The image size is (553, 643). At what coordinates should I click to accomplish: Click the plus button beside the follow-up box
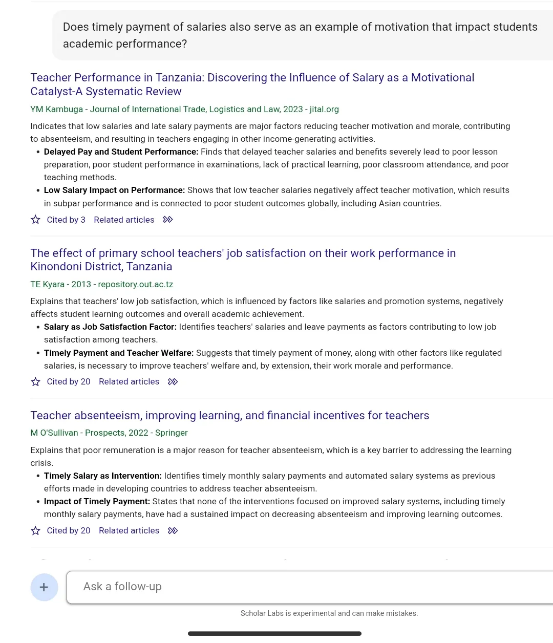44,587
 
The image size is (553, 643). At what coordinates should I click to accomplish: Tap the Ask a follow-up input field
307,587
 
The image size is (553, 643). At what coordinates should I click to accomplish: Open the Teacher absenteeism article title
229,415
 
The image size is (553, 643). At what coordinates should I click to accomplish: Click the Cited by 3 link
66,220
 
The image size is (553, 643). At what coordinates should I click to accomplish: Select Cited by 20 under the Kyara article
69,381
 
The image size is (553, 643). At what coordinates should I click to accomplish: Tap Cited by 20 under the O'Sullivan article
69,530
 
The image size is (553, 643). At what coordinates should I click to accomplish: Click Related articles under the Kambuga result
124,220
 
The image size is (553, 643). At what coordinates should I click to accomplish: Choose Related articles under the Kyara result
129,381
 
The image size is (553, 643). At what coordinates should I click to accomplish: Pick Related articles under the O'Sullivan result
129,530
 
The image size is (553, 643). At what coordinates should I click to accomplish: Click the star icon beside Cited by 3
35,220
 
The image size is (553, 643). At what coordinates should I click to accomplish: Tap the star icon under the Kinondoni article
35,381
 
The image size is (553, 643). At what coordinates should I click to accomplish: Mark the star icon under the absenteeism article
35,530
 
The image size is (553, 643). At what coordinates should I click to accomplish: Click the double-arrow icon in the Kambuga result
168,220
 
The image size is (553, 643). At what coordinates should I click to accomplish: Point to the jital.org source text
324,109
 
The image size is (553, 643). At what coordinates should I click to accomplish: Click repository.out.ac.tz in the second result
136,284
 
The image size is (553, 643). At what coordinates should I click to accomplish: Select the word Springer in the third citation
172,433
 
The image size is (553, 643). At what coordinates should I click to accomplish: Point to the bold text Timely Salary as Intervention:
102,476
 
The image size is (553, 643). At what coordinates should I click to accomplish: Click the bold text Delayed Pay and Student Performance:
121,152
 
